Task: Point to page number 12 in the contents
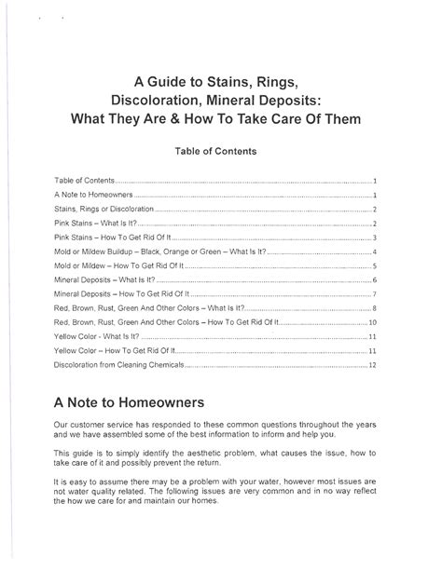372,366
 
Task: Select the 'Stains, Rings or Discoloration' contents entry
103,210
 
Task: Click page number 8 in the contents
374,307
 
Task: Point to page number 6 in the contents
374,279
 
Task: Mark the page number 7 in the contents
374,293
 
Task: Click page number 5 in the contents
374,265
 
